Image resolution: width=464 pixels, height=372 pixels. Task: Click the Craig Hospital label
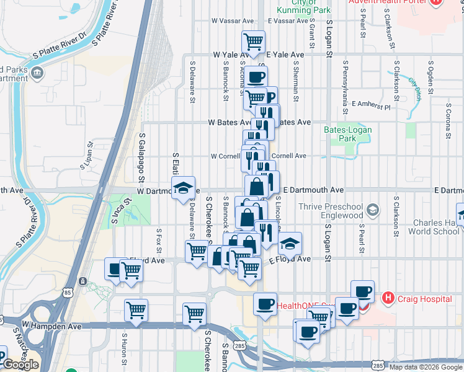[x=425, y=299]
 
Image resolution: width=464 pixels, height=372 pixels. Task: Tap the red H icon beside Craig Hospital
[x=389, y=299]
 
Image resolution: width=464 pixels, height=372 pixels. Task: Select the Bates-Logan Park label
[x=340, y=134]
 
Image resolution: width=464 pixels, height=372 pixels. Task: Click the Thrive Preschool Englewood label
[x=329, y=211]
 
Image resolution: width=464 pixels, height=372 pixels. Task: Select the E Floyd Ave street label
[x=290, y=260]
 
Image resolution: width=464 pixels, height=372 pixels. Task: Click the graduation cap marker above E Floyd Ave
[x=289, y=244]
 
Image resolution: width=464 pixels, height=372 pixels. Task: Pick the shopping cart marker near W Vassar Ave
[x=253, y=42]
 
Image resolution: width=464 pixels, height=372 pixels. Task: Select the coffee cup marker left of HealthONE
[x=265, y=304]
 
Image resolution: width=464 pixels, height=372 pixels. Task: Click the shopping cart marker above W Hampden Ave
[x=136, y=310]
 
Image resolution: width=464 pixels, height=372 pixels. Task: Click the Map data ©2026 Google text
[x=424, y=367]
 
